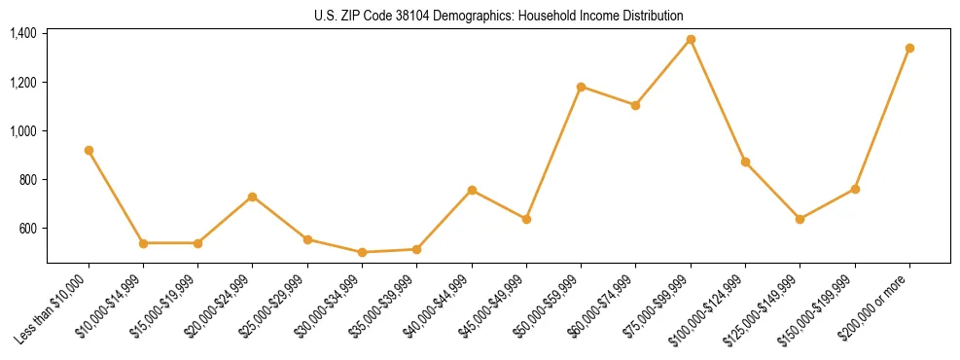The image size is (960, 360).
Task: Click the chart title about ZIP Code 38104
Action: pos(499,16)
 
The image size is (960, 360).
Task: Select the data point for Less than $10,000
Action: pos(89,150)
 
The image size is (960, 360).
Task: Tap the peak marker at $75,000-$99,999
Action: pos(691,40)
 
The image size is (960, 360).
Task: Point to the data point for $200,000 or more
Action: pos(909,48)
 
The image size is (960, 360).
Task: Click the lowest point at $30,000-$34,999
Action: pos(362,252)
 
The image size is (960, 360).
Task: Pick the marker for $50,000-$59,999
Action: pos(581,87)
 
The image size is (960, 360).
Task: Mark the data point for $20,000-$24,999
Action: pos(252,197)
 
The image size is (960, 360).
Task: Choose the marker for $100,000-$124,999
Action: pos(745,162)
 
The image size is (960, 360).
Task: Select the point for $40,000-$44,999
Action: pos(472,190)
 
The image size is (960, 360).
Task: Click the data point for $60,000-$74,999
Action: pos(635,105)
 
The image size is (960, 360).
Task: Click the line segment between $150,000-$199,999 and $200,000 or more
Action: pos(882,118)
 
